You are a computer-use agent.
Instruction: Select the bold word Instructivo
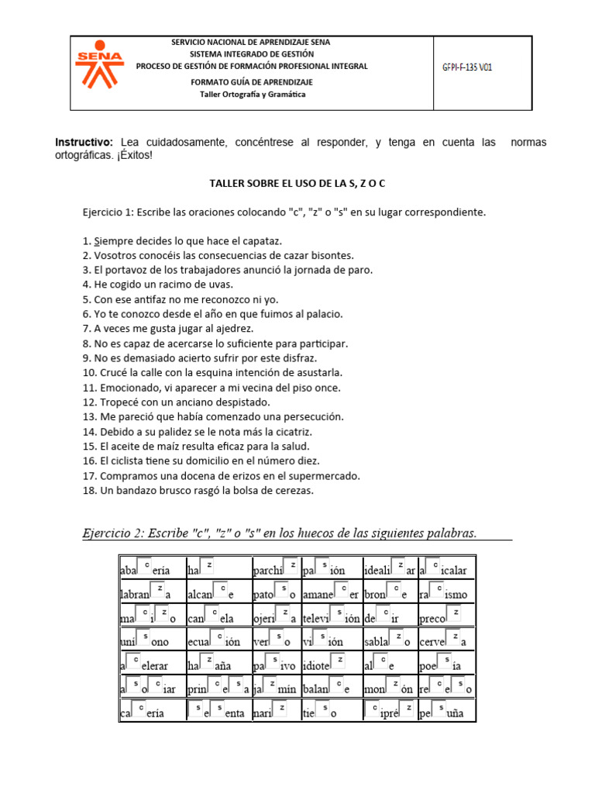point(84,143)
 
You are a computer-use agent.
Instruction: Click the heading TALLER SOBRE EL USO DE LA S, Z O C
point(297,183)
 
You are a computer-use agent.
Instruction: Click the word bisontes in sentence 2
point(332,255)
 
